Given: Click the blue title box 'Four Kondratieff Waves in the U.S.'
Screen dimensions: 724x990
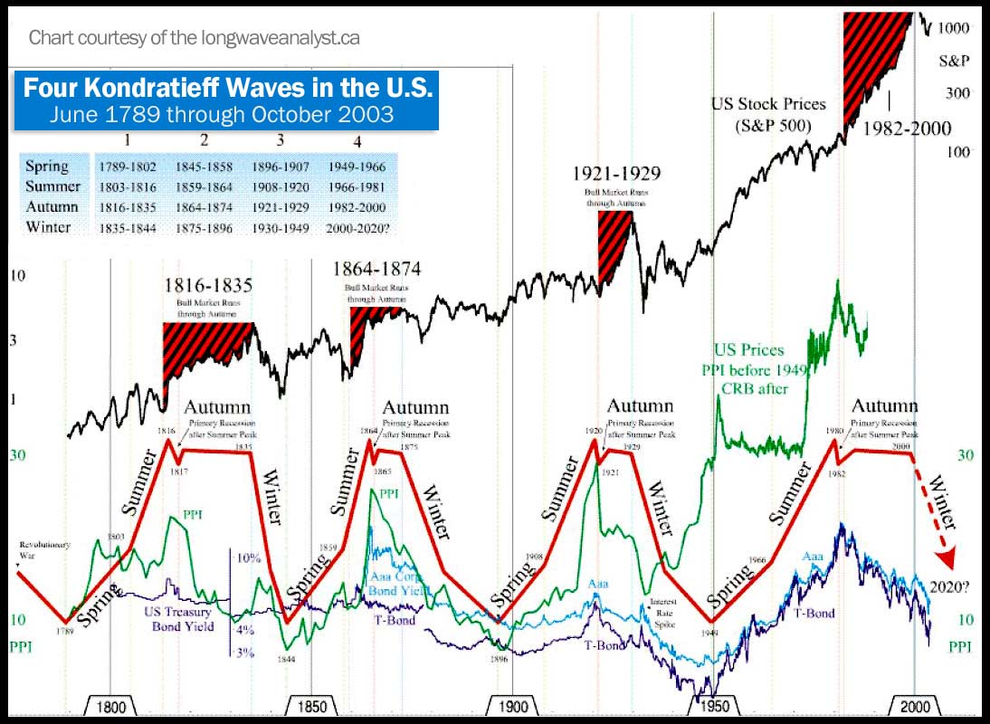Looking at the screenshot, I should pos(226,100).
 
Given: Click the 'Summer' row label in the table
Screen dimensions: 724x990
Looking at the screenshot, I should pos(49,186).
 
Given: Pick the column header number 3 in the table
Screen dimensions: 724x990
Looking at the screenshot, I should pos(281,142).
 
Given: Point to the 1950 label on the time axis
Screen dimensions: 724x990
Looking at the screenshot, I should pos(713,707).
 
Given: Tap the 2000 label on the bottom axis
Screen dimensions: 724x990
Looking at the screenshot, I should pos(914,707).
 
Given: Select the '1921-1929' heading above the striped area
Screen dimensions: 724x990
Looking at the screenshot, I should pos(615,174).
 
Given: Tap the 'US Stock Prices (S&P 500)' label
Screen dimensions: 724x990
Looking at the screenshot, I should pos(768,115).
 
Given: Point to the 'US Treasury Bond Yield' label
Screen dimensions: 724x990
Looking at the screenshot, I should pos(180,619).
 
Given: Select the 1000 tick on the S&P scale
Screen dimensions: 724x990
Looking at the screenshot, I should pos(953,28).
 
